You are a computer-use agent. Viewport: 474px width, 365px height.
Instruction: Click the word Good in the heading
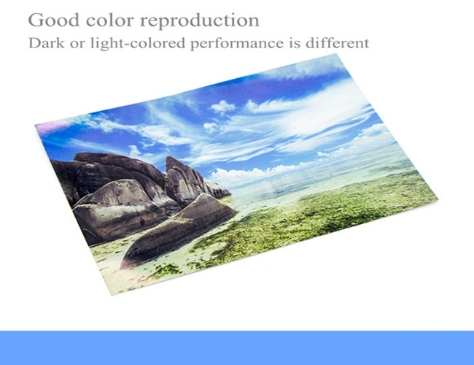click(53, 20)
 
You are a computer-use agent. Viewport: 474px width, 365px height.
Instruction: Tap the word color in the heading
click(110, 20)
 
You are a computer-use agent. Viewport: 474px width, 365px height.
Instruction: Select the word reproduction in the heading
click(200, 21)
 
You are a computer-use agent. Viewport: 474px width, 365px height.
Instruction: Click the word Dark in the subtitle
click(46, 42)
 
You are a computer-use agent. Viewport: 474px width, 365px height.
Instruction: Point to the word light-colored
click(138, 43)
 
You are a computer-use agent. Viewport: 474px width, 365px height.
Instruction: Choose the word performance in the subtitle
click(237, 44)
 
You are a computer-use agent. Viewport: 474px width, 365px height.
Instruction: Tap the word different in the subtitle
click(337, 42)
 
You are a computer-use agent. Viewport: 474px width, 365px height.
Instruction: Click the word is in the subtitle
click(295, 43)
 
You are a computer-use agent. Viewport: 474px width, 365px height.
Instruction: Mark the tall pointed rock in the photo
click(182, 180)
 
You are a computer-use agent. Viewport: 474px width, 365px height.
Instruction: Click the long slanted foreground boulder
click(179, 230)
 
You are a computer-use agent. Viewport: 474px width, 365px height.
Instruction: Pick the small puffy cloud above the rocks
click(223, 107)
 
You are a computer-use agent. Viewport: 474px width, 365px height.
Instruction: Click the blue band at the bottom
click(237, 347)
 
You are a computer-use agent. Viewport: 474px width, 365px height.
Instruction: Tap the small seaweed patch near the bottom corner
click(166, 269)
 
